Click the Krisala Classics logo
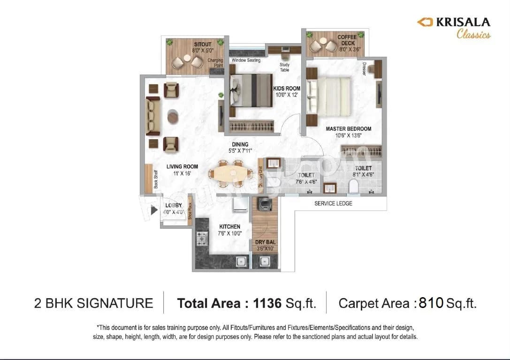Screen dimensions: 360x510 pyautogui.click(x=454, y=27)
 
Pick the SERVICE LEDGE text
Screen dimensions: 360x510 pyautogui.click(x=333, y=203)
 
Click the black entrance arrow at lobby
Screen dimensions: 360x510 pyautogui.click(x=153, y=210)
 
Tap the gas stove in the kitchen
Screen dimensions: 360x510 pyautogui.click(x=202, y=239)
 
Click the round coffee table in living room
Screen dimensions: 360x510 pyautogui.click(x=173, y=115)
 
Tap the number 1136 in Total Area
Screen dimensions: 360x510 pyautogui.click(x=267, y=303)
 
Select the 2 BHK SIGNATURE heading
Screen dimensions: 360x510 pyautogui.click(x=94, y=303)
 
